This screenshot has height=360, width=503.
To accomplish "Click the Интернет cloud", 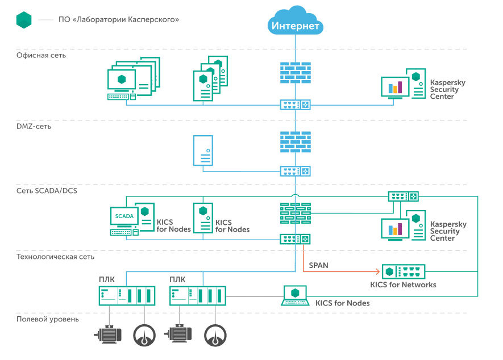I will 296,21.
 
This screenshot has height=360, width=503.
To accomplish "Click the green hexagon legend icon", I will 24,19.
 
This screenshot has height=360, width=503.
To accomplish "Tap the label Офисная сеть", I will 41,56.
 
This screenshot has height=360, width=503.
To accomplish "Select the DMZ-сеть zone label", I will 34,126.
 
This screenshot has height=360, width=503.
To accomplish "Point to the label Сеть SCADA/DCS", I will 47,191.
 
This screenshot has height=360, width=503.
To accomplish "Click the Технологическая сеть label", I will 55,257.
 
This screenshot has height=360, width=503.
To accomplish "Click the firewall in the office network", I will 296,72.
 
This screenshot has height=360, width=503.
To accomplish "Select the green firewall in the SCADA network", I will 296,214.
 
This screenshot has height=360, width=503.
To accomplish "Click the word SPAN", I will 318,265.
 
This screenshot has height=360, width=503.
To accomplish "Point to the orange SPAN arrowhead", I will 377,271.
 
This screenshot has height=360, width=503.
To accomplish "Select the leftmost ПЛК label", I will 106,279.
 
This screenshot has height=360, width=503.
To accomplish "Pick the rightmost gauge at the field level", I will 215,335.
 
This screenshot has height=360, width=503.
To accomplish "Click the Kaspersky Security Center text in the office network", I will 447,90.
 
